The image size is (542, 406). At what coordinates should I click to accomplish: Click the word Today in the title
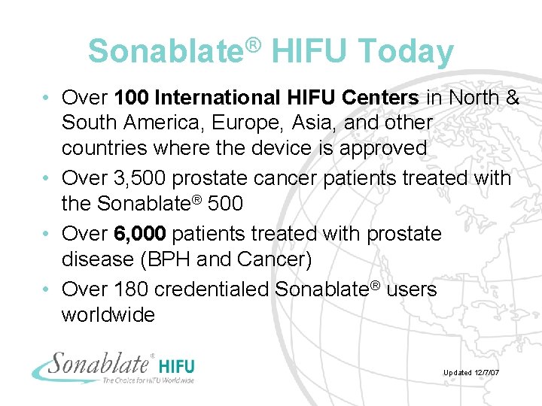[406, 52]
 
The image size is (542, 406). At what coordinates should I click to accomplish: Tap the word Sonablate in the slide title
[166, 52]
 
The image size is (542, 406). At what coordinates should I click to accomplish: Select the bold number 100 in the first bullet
[132, 97]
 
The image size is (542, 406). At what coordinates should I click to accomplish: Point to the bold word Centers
[380, 97]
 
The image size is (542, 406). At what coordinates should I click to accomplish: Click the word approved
[383, 147]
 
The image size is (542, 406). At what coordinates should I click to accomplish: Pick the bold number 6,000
[140, 234]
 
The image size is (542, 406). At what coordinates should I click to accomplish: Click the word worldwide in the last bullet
[108, 314]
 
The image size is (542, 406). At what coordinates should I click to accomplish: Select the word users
[411, 289]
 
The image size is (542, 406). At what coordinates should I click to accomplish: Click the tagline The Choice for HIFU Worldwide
[148, 380]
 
